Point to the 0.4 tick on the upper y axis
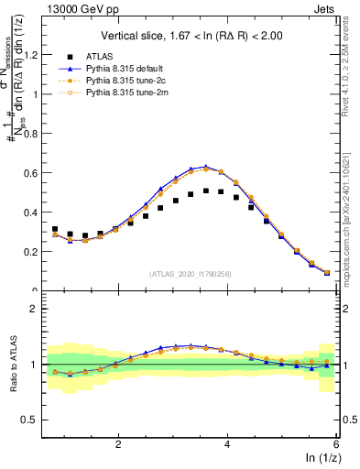tap(31, 212)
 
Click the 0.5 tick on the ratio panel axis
tap(31, 420)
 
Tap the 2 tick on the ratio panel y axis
tap(35, 309)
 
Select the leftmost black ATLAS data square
tap(55, 229)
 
